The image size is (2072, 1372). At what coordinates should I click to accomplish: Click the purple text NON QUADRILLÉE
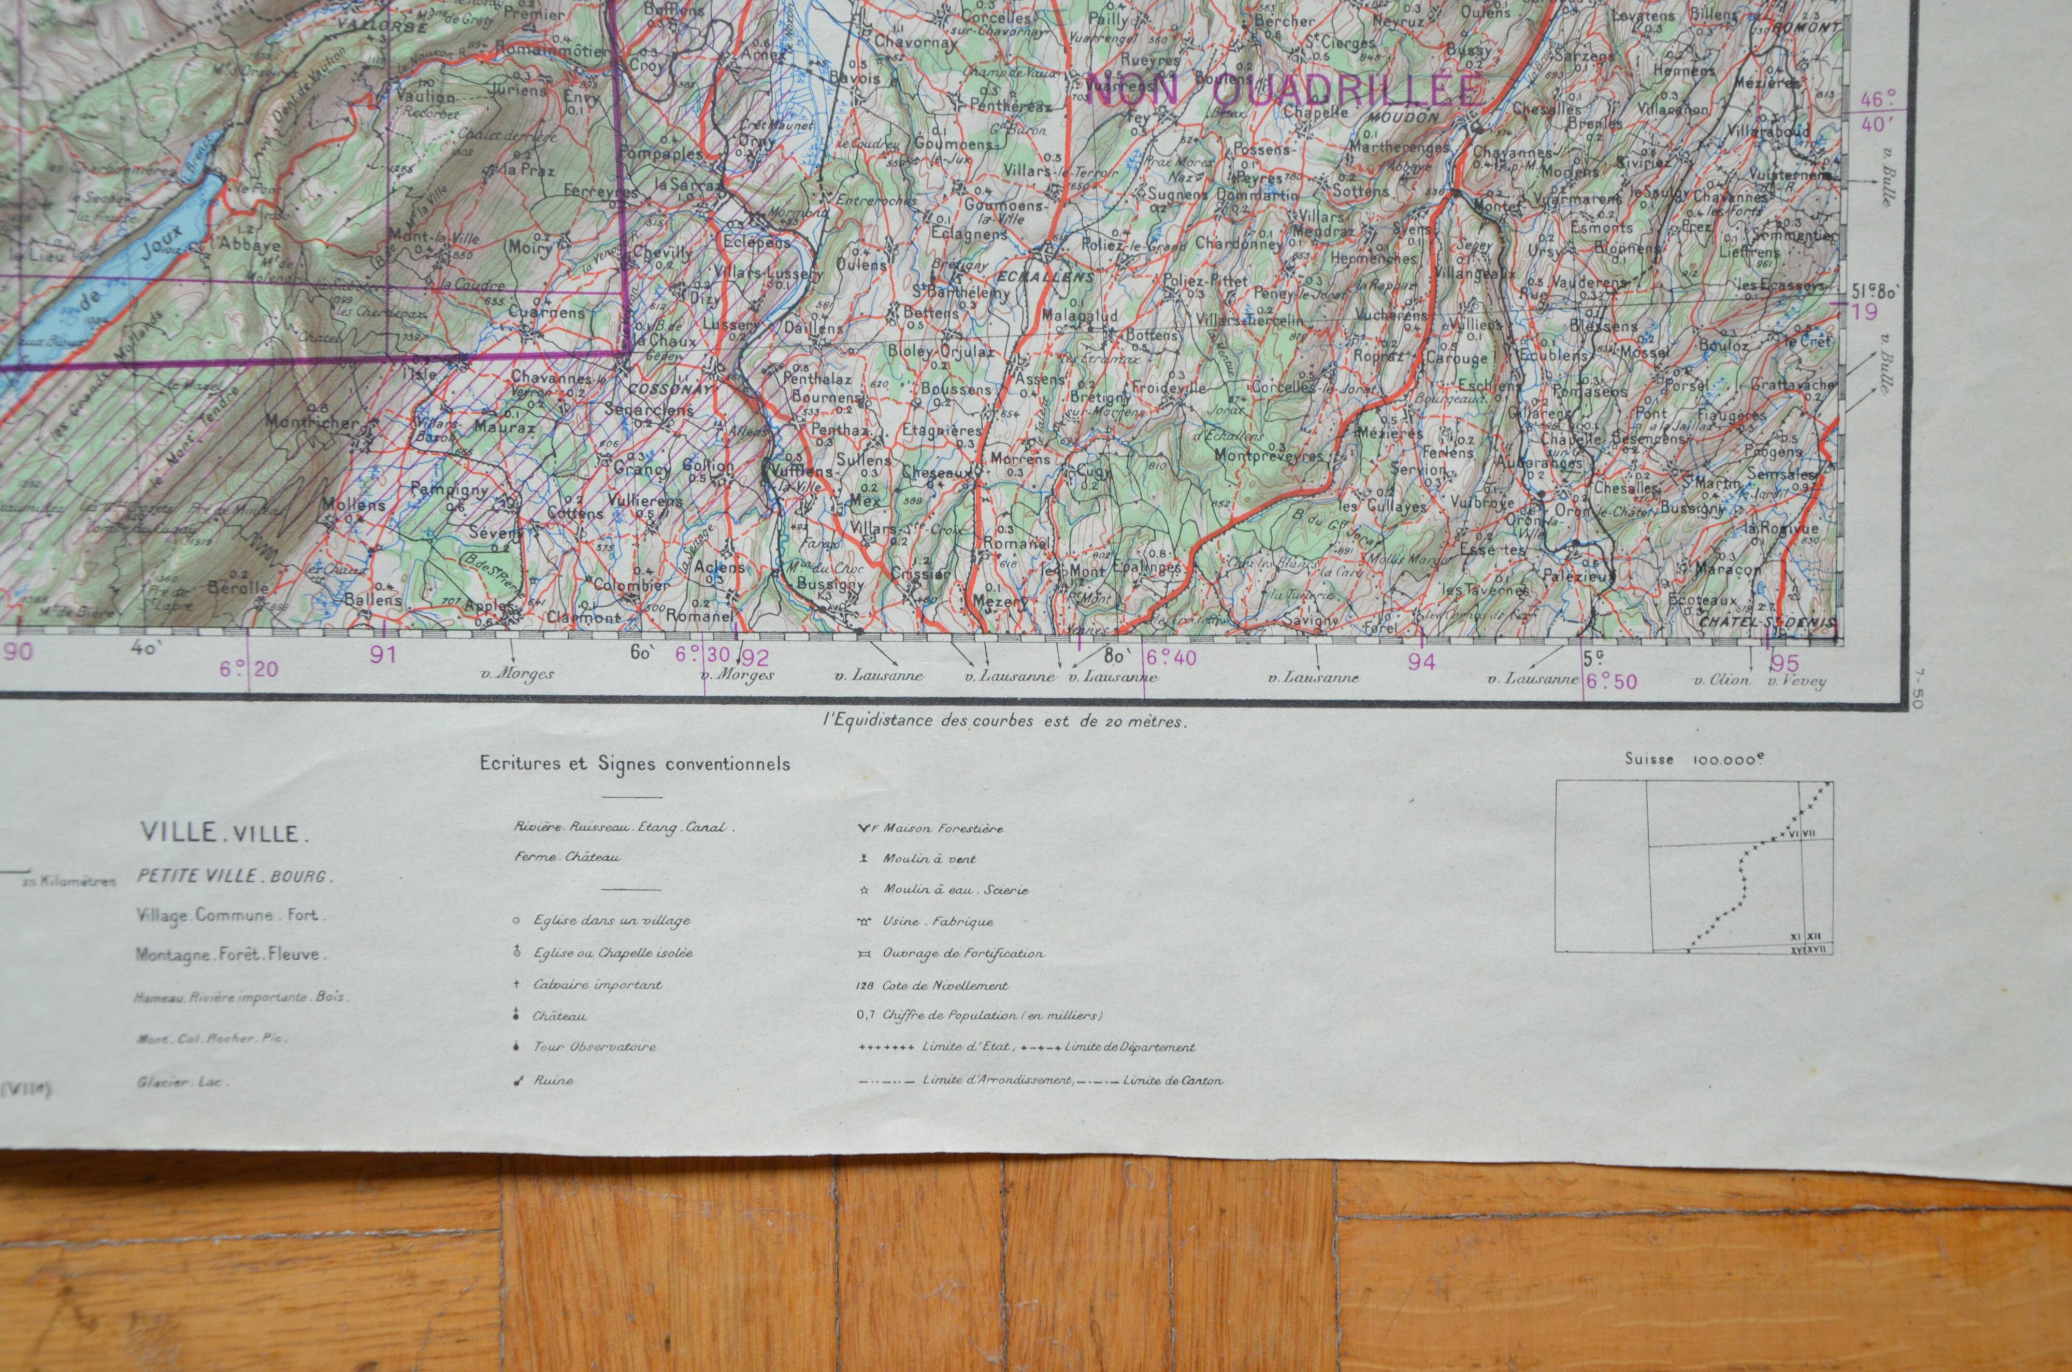point(1286,89)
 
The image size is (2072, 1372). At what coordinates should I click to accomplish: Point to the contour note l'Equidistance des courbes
point(1004,722)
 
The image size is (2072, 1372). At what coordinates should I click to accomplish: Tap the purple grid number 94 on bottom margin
point(1422,662)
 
